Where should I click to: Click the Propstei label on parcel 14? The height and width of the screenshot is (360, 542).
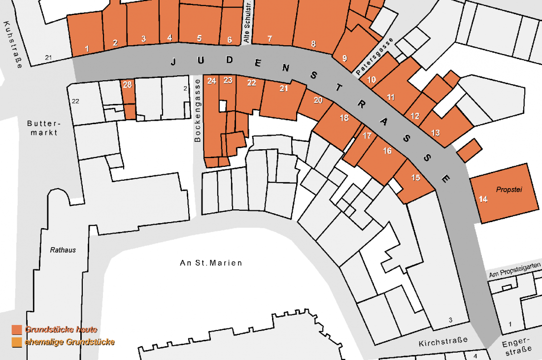508,190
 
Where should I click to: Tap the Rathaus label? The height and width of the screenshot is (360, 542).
63,250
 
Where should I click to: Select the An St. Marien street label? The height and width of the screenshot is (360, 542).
211,263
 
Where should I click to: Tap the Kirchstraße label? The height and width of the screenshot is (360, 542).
443,341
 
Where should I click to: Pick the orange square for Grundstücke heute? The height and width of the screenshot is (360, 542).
17,329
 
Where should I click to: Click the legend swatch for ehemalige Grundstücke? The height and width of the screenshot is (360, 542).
17,342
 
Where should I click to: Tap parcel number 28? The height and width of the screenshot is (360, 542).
127,85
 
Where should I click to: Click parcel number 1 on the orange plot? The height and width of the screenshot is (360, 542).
87,49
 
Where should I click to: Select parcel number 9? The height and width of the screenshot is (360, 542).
344,58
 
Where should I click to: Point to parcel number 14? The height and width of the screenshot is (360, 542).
483,199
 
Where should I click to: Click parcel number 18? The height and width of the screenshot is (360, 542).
343,118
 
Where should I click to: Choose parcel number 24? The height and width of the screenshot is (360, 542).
212,81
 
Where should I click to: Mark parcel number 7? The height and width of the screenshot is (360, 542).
270,38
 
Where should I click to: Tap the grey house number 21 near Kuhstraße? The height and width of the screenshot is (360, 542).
48,58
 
